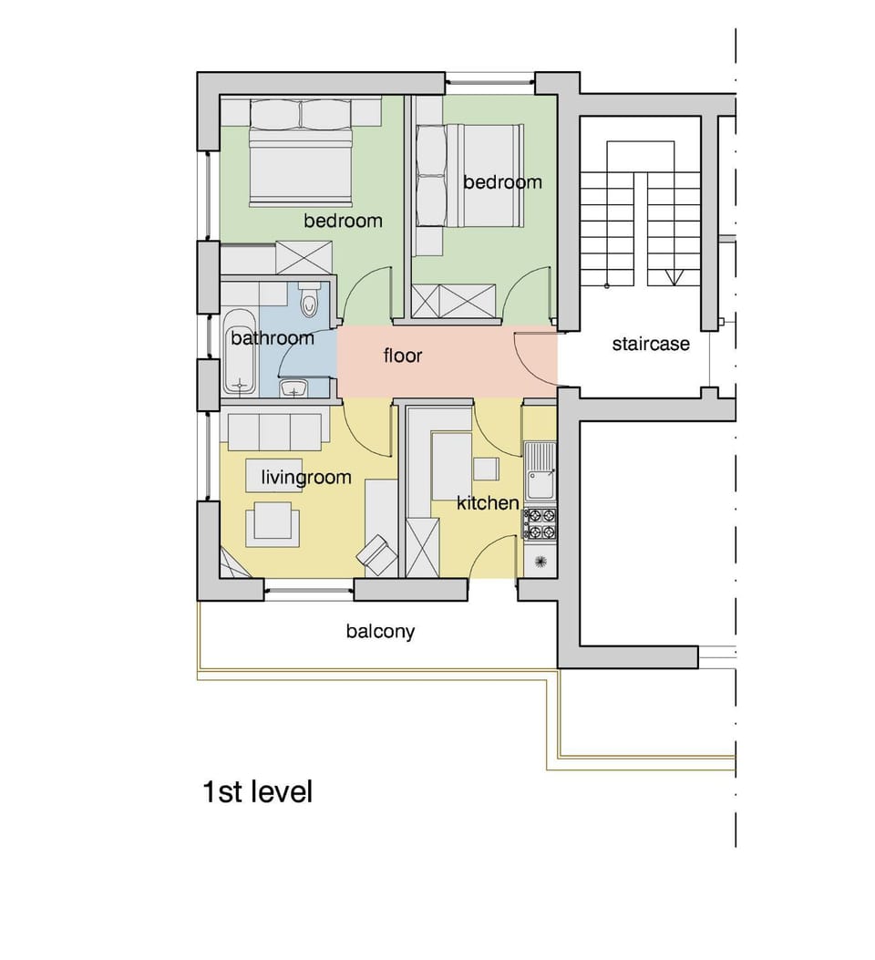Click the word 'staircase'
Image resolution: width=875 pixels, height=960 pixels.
pos(651,345)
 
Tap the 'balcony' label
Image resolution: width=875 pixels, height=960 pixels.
pos(380,631)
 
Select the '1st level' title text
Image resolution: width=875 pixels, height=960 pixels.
pos(257,791)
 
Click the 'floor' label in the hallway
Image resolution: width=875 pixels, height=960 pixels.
pos(403,356)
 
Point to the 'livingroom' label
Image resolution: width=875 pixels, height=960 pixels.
pos(306,477)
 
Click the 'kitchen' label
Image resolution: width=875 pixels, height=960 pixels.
pos(488,502)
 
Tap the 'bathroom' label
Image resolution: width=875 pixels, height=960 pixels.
pos(272,338)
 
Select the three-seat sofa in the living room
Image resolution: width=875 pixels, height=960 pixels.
pos(274,431)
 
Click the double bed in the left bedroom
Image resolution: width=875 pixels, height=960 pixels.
pos(301,164)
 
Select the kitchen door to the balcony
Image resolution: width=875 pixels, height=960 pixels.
pos(492,556)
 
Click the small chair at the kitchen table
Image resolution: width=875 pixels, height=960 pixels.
pos(487,469)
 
